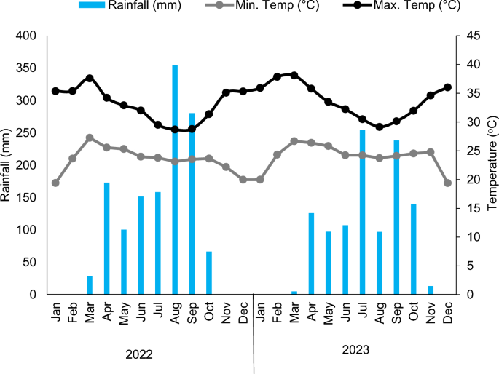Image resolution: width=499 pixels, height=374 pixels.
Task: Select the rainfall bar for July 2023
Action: point(362,212)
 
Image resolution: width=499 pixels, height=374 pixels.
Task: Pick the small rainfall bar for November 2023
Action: point(431,290)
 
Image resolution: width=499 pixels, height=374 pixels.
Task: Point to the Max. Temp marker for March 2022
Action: point(90,78)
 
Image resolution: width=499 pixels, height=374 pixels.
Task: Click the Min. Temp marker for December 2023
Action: point(447,183)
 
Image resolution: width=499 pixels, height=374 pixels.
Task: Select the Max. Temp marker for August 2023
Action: point(380,127)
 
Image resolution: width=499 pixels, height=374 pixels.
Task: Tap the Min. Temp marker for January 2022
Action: point(55,183)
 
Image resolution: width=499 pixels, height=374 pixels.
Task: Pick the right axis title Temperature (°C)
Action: point(491,165)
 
